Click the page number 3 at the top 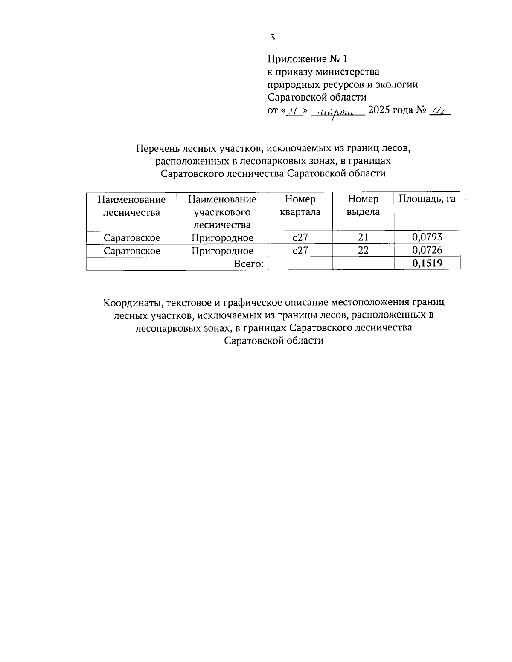pyautogui.click(x=273, y=38)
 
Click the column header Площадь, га pyautogui.click(x=427, y=199)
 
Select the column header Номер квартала pyautogui.click(x=300, y=205)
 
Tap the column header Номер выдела pyautogui.click(x=363, y=205)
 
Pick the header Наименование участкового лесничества pyautogui.click(x=222, y=212)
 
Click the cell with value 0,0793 pyautogui.click(x=427, y=237)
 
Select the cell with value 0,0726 pyautogui.click(x=427, y=250)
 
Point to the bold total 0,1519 pyautogui.click(x=427, y=263)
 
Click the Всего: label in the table pyautogui.click(x=249, y=264)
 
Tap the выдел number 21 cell pyautogui.click(x=363, y=237)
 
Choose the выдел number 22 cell pyautogui.click(x=363, y=250)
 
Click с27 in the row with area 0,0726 pyautogui.click(x=300, y=250)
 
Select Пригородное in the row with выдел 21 pyautogui.click(x=222, y=237)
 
